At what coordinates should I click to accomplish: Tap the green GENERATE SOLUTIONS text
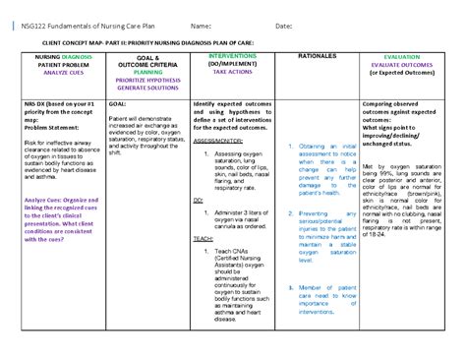147,88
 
